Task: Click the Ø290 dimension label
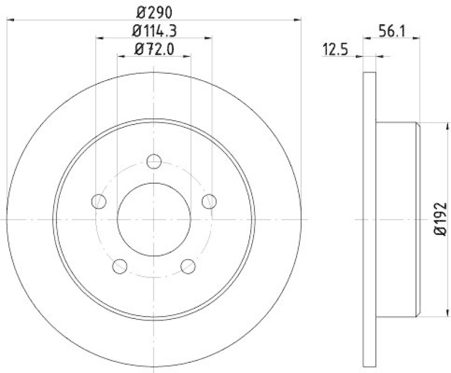(x=154, y=11)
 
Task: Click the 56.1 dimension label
(x=389, y=32)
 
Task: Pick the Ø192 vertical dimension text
(x=440, y=220)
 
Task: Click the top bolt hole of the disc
(x=154, y=162)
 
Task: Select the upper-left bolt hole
(x=99, y=201)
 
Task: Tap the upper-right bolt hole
(x=209, y=201)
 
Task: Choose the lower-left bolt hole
(x=120, y=265)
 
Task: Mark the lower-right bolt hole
(x=188, y=265)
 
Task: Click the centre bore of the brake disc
(x=154, y=219)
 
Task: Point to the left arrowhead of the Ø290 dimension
(x=10, y=20)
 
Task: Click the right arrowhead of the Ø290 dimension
(x=298, y=20)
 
